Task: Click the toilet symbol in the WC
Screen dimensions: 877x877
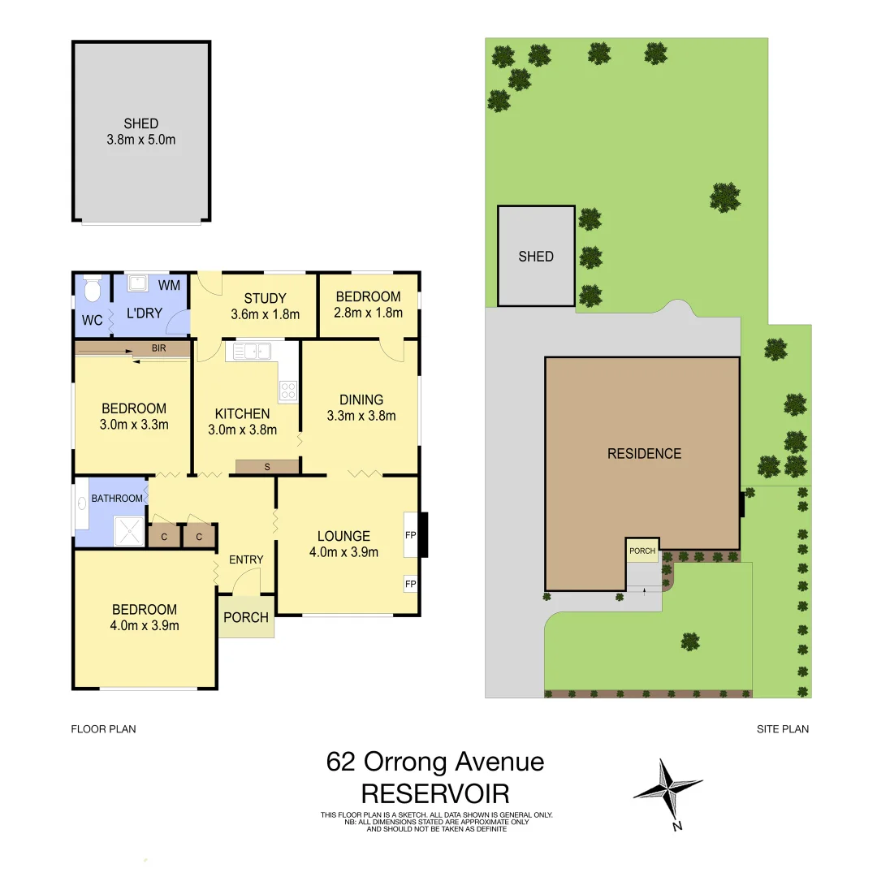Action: tap(91, 287)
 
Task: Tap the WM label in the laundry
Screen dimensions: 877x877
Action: tap(169, 285)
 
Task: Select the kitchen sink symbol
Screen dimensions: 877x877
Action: tap(253, 351)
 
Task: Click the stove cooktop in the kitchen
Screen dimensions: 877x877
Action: tap(288, 391)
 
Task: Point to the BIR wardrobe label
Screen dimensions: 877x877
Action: tap(159, 348)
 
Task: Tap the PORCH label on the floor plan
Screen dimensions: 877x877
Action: tap(246, 617)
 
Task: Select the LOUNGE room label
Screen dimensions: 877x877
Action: tap(343, 536)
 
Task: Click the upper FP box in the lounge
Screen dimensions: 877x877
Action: tap(410, 535)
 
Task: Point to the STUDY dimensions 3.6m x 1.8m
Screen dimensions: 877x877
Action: tap(266, 314)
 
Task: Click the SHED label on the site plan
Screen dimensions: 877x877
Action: tap(536, 257)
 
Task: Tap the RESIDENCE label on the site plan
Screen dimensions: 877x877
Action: tap(644, 454)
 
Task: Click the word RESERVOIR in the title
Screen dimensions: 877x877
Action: tap(435, 793)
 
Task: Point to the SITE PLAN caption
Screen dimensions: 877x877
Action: tap(782, 729)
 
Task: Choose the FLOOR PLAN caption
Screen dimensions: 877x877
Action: tap(103, 729)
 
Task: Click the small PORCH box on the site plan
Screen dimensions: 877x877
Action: tap(642, 551)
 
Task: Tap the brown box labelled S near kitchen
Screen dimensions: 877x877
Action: tap(267, 466)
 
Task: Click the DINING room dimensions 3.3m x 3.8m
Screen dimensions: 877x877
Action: tap(361, 416)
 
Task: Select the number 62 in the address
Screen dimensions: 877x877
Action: tap(341, 762)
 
